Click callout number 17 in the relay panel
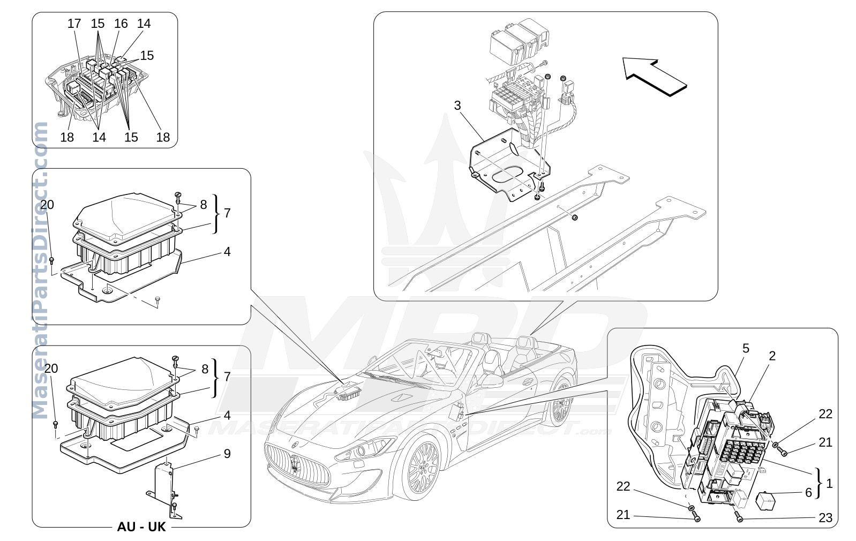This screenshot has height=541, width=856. point(74,24)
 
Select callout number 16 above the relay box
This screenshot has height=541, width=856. point(121,24)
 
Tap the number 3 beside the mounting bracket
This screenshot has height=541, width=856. point(457,106)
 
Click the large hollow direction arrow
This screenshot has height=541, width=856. point(654,77)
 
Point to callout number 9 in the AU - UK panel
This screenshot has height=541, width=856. point(227,454)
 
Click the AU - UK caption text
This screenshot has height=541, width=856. point(141,527)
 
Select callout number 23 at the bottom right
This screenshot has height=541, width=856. point(825,517)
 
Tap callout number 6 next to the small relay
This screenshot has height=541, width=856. point(809,492)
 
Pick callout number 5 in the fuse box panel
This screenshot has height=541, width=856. point(746,349)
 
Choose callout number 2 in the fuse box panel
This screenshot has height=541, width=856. point(772,356)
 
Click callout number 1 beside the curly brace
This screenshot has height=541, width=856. point(829,484)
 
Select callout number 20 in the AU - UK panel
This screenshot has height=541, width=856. point(51,369)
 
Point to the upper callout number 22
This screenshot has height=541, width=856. point(825,414)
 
